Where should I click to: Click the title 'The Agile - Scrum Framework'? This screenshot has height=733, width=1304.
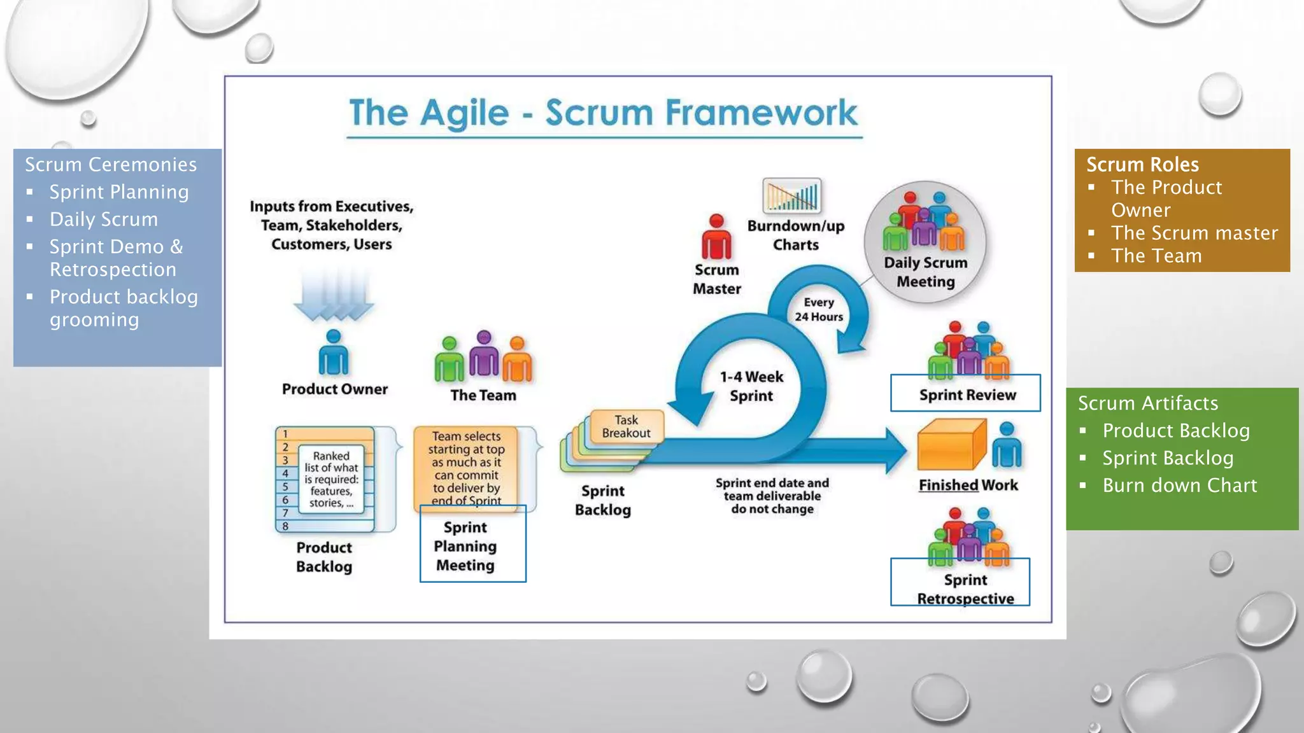pyautogui.click(x=603, y=113)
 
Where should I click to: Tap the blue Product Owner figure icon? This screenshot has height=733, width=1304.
pyautogui.click(x=334, y=353)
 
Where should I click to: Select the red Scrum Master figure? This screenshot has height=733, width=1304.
pyautogui.click(x=716, y=237)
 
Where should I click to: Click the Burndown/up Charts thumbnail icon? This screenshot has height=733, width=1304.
pyautogui.click(x=791, y=195)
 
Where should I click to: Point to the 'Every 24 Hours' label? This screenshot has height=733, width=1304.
pyautogui.click(x=818, y=309)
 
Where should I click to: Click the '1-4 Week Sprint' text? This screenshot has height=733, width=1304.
pyautogui.click(x=751, y=386)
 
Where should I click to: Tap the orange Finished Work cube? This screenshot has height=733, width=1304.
pyautogui.click(x=951, y=445)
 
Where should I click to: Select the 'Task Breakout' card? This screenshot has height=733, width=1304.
pyautogui.click(x=627, y=427)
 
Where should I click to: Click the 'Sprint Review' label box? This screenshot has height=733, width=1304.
pyautogui.click(x=966, y=394)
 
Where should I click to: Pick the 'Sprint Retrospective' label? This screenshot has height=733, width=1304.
pyautogui.click(x=965, y=589)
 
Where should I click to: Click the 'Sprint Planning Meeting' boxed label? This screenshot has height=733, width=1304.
pyautogui.click(x=465, y=546)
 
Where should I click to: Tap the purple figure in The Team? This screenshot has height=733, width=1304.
pyautogui.click(x=484, y=355)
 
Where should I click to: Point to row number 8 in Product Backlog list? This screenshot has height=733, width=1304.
pyautogui.click(x=286, y=526)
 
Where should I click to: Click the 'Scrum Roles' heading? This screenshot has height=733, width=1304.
pyautogui.click(x=1142, y=165)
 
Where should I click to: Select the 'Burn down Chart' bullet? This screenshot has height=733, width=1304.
pyautogui.click(x=1179, y=485)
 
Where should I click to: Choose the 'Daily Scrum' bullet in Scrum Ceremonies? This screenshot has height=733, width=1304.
pyautogui.click(x=104, y=220)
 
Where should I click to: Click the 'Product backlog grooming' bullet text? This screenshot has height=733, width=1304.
pyautogui.click(x=124, y=308)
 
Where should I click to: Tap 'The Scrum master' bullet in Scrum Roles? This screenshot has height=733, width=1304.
pyautogui.click(x=1194, y=233)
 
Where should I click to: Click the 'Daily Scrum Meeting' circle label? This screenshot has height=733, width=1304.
pyautogui.click(x=925, y=272)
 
